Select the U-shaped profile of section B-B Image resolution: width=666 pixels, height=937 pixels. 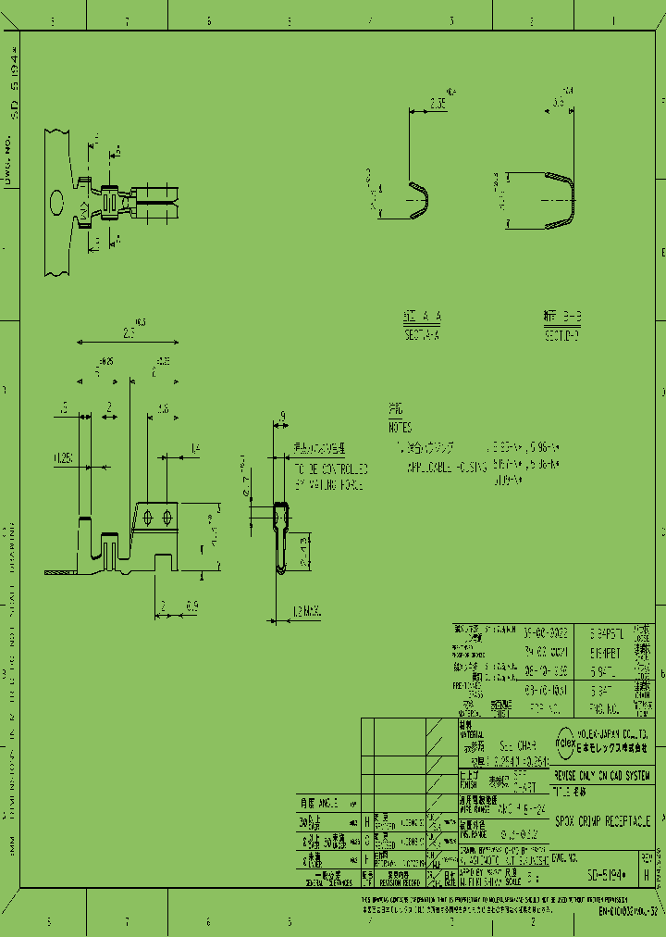coord(560,199)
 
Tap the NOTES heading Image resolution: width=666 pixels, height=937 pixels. coord(401,429)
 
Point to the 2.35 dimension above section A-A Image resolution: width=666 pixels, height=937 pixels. coord(438,105)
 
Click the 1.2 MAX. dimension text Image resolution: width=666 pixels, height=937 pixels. coord(306,611)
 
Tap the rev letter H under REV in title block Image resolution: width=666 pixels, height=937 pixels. coord(646,872)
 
